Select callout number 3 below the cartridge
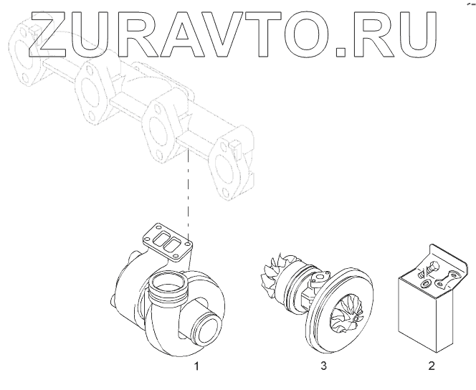[323, 366]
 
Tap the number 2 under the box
[431, 366]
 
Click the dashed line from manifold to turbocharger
[188, 194]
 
